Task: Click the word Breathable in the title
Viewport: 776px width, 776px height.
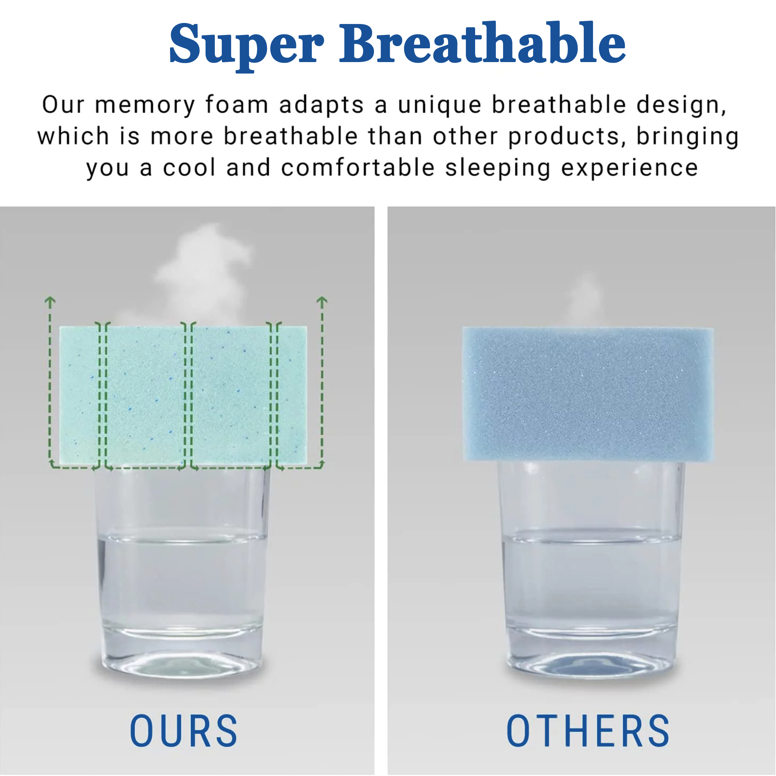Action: pos(483,42)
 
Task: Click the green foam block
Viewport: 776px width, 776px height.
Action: pos(183,396)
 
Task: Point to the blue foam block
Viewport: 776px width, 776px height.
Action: pos(588,394)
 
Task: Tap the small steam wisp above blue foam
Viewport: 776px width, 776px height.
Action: pos(584,299)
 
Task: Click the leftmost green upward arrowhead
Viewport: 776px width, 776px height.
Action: pos(50,301)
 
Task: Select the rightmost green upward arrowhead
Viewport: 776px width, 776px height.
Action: pos(322,301)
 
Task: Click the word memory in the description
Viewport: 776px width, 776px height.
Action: pos(145,105)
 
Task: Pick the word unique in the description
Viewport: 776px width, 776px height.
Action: pos(439,105)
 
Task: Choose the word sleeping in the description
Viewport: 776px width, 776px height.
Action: pos(498,168)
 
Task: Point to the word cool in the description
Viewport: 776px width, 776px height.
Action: pos(189,168)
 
